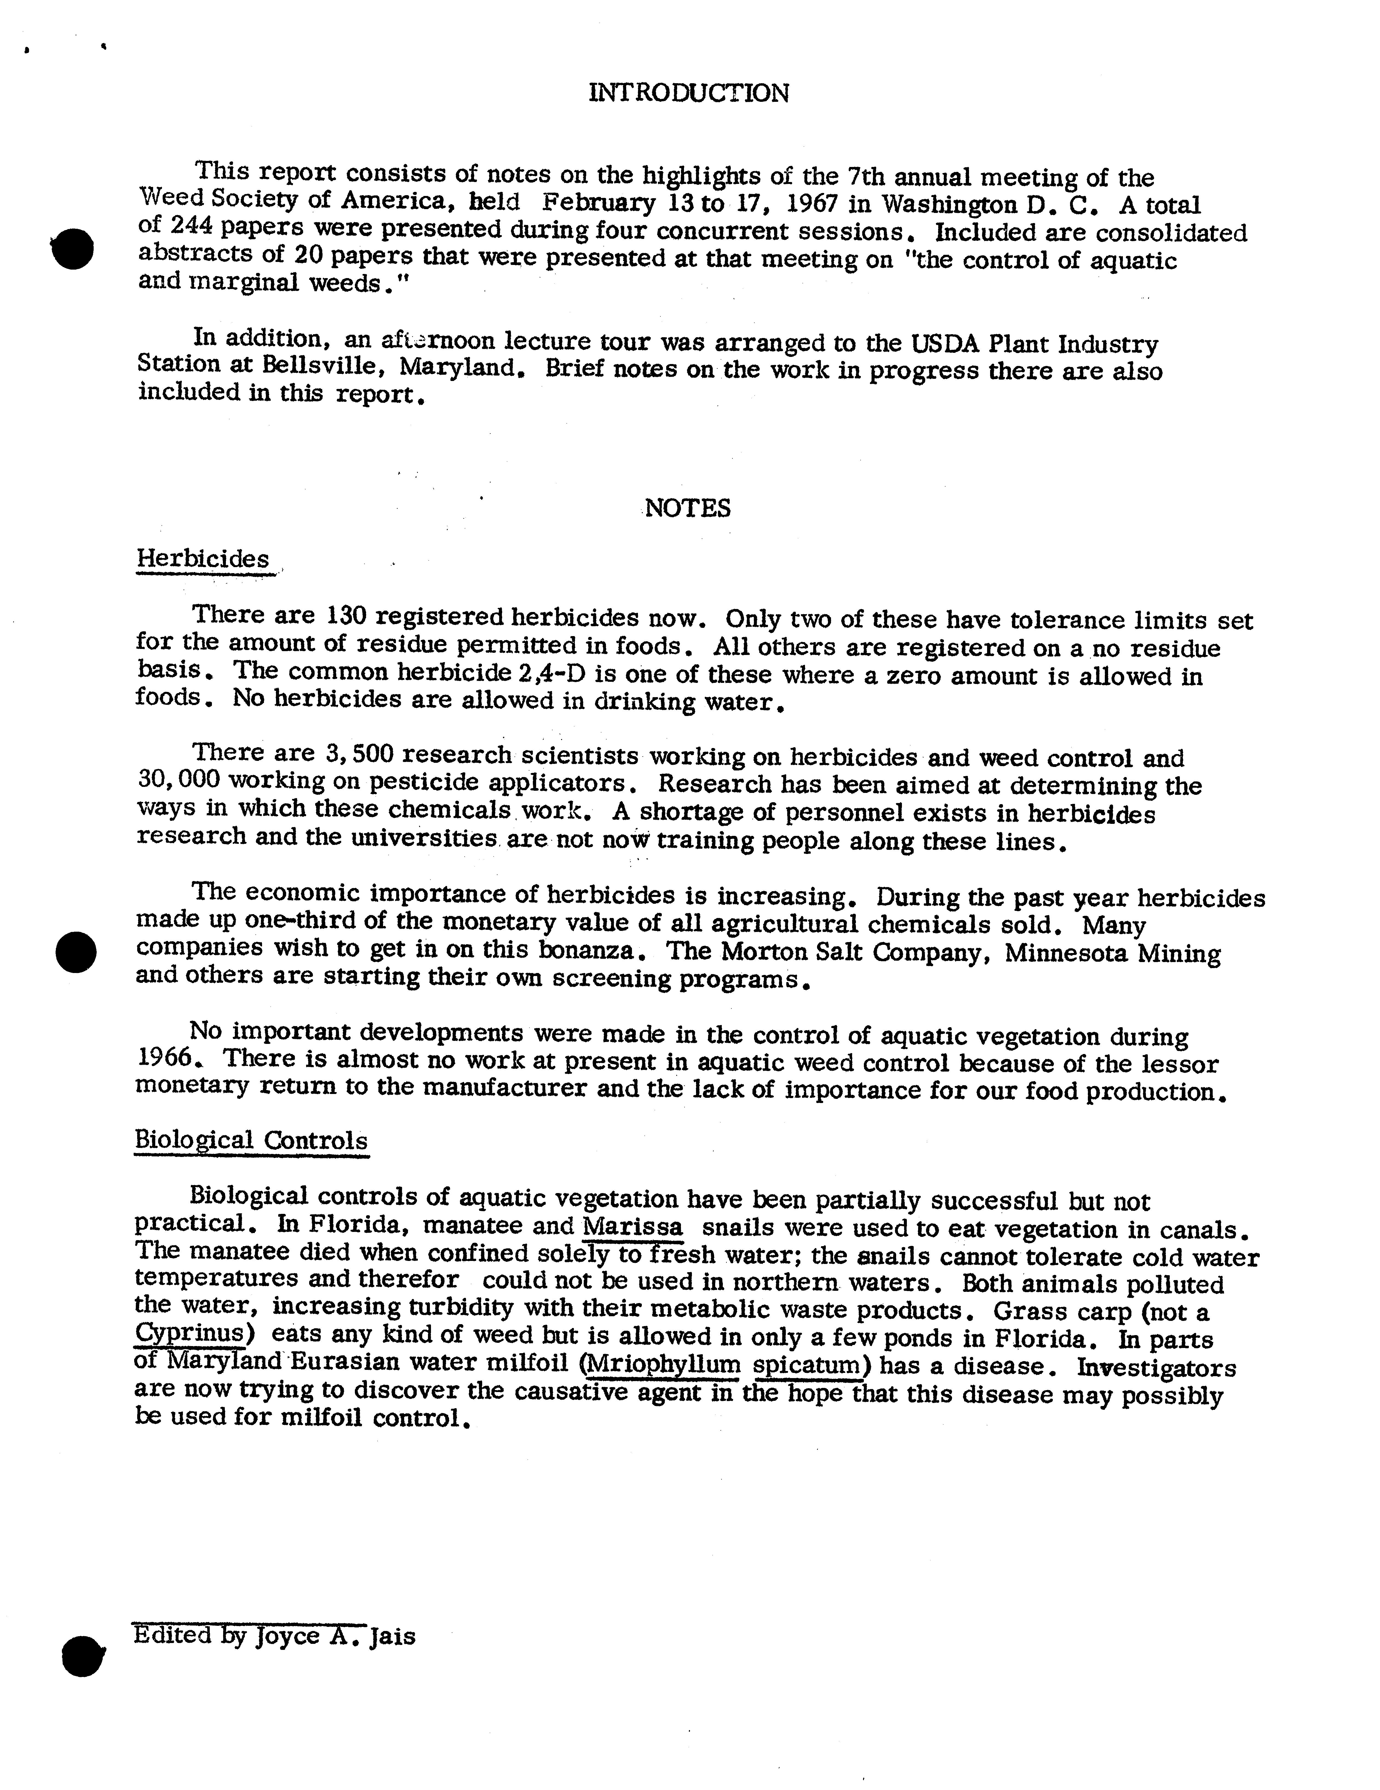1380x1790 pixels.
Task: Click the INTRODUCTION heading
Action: tap(689, 93)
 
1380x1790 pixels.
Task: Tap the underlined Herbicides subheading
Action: tap(203, 559)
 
